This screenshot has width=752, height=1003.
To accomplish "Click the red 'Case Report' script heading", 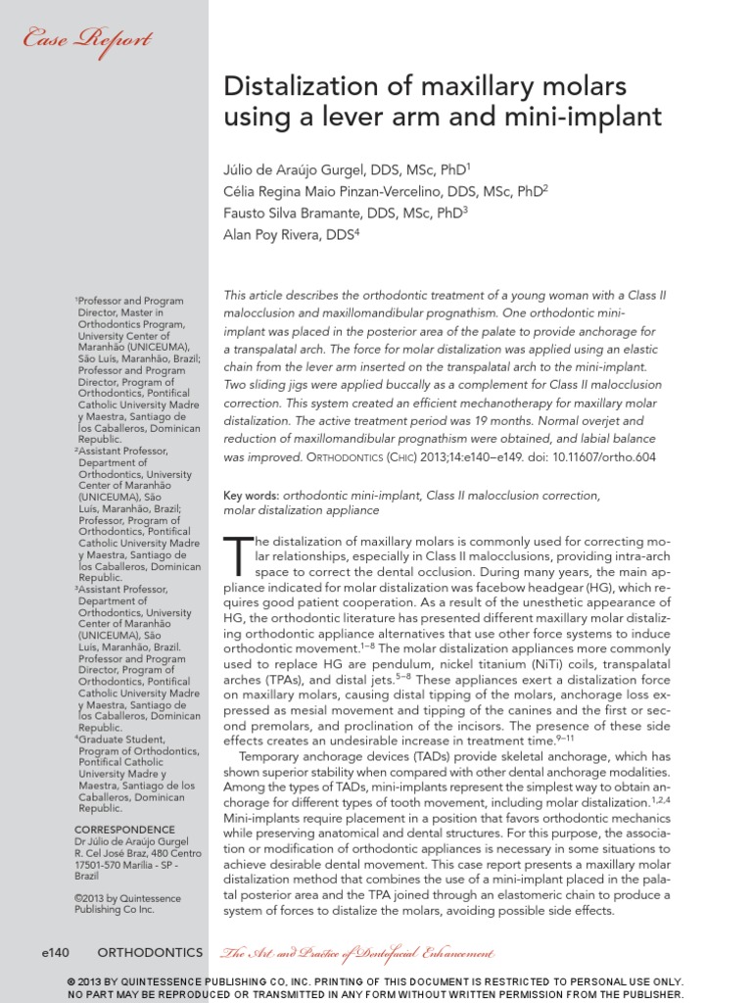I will point(87,40).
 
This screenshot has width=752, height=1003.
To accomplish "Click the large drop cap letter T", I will point(239,557).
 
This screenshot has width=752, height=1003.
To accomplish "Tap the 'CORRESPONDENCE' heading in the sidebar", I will point(125,829).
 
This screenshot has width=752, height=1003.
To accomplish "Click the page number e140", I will point(58,952).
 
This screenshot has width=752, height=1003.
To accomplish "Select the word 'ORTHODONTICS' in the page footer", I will point(151,952).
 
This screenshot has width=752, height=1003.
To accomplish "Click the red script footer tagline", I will point(356,953).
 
